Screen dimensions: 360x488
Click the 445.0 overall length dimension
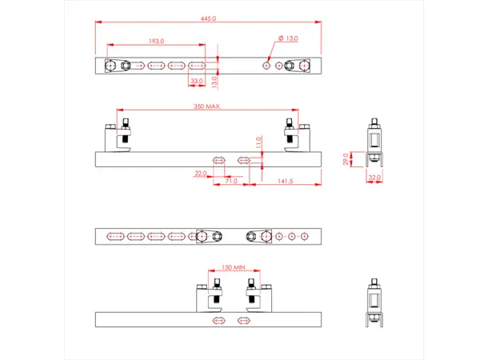pos(210,18)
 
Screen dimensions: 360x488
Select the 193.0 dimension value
pos(156,41)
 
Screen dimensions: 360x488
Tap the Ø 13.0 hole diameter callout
pos(287,38)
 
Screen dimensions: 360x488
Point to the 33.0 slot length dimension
pos(196,81)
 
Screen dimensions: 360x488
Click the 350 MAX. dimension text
pos(207,106)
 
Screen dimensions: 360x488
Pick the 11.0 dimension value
pos(259,142)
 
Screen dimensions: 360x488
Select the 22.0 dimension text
pos(201,172)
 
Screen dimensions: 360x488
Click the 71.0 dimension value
pos(230,182)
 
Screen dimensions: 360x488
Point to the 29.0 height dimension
pos(346,158)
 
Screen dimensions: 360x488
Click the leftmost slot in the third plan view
pos(115,236)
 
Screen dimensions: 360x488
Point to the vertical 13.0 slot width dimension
pos(214,81)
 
